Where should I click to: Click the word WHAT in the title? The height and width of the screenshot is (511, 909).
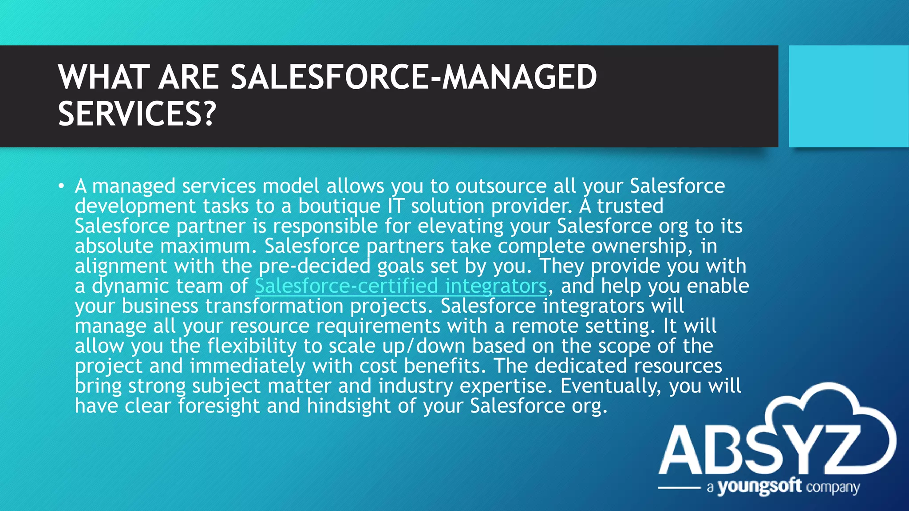[103, 77]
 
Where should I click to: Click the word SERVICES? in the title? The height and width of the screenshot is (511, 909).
[137, 114]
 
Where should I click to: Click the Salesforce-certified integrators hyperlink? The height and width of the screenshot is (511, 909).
[400, 286]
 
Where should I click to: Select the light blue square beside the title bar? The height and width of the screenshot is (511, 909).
[848, 96]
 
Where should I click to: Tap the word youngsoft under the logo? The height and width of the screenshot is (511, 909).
[759, 487]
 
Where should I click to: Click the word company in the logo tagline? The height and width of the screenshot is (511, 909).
[833, 487]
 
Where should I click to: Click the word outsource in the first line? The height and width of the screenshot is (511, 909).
[501, 186]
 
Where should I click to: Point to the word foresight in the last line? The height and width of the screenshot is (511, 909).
[219, 406]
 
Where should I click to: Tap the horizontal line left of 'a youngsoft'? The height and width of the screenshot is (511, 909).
[679, 487]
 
